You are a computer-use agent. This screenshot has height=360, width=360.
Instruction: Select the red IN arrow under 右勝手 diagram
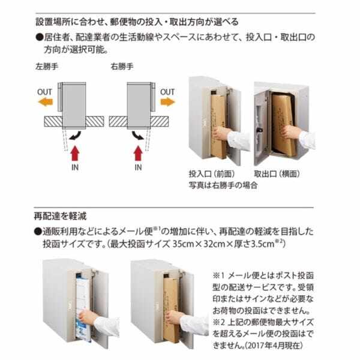(x=137, y=149)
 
